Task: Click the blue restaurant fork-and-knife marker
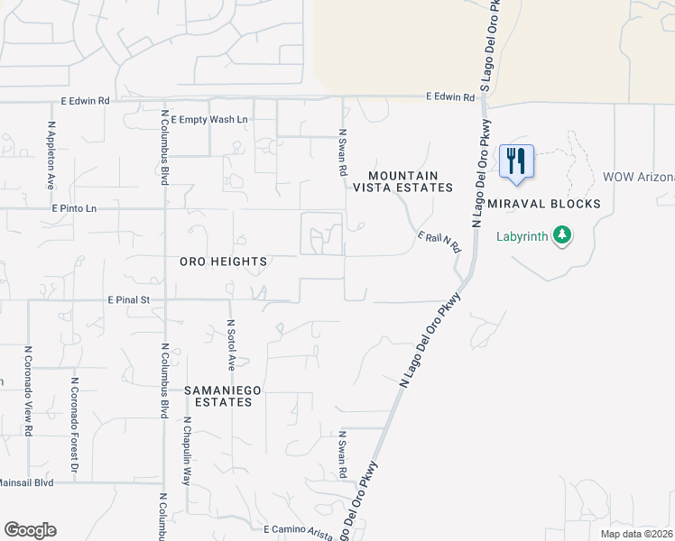pyautogui.click(x=516, y=160)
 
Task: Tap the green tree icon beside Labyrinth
pyautogui.click(x=563, y=236)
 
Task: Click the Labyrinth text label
pyautogui.click(x=522, y=237)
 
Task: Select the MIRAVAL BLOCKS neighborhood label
pyautogui.click(x=544, y=204)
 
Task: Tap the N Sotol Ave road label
pyautogui.click(x=231, y=344)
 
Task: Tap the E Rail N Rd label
pyautogui.click(x=439, y=241)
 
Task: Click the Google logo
pyautogui.click(x=30, y=529)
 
